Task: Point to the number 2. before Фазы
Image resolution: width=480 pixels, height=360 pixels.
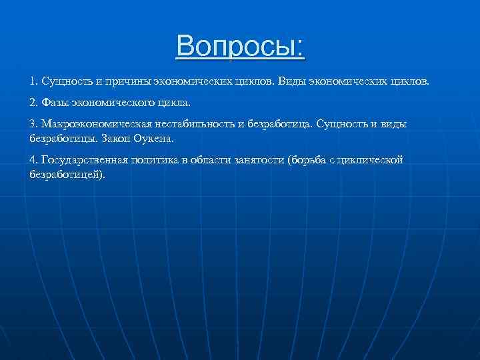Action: [x=33, y=103]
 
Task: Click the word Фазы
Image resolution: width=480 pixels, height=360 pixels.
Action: [x=55, y=103]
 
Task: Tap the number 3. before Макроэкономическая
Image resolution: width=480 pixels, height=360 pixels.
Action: [x=33, y=125]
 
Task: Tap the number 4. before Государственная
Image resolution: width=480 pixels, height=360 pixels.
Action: [x=33, y=161]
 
